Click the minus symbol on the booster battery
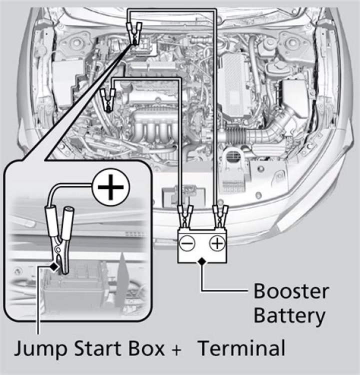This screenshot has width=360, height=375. point(186,244)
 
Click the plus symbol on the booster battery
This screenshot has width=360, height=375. point(216,244)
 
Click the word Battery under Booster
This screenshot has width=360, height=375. point(289,315)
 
